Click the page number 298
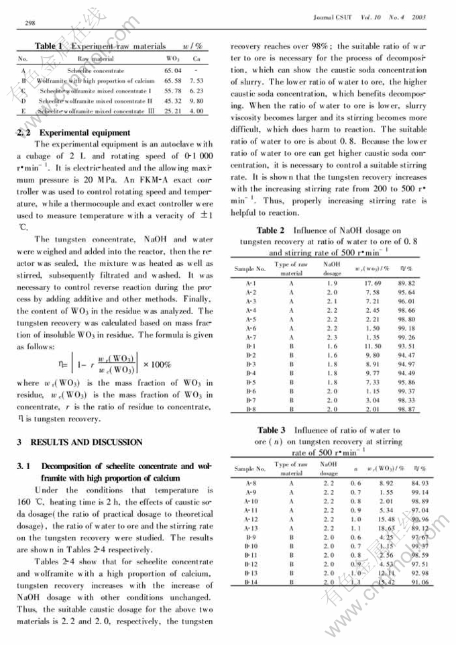coord(30,23)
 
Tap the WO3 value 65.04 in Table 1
coord(173,70)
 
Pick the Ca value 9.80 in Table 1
coord(196,100)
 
